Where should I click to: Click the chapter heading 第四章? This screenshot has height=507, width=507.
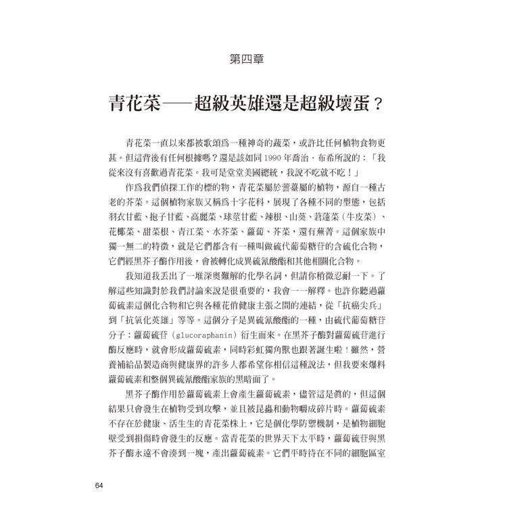point(253,59)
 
